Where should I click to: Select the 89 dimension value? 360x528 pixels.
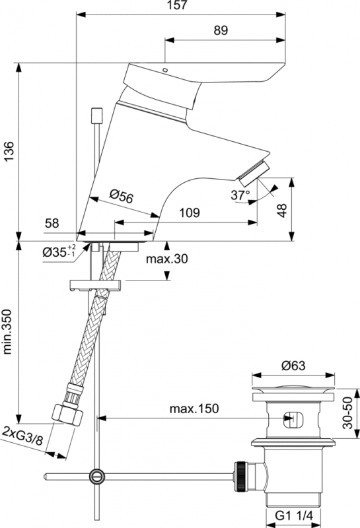[x=221, y=30]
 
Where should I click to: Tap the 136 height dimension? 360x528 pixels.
[x=9, y=151]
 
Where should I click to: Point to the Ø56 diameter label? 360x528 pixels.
[x=122, y=196]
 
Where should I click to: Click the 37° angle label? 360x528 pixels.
[x=240, y=195]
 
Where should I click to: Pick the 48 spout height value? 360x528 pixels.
[x=283, y=211]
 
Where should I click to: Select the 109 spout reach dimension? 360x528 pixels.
[x=189, y=213]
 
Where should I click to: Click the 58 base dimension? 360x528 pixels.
[x=52, y=223]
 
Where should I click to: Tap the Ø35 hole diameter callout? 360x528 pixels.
[x=59, y=251]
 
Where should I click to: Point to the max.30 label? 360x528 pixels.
[x=167, y=259]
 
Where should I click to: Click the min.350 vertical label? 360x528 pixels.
[x=7, y=331]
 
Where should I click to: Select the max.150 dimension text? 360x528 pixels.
[x=194, y=409]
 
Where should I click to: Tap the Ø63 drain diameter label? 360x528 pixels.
[x=293, y=366]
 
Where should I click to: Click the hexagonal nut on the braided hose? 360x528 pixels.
[x=68, y=414]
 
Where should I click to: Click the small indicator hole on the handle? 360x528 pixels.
[x=165, y=70]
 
